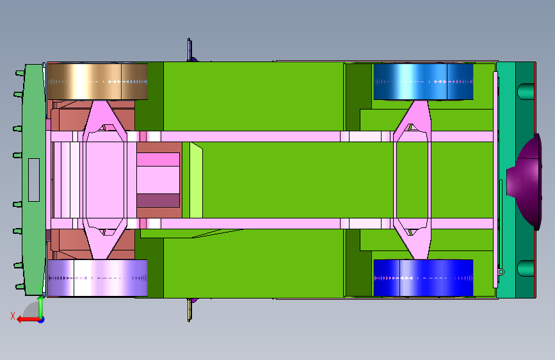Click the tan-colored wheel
97,81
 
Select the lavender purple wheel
97,278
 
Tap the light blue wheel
423,81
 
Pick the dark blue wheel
423,278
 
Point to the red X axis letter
13,316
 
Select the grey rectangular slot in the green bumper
34,180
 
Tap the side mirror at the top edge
189,50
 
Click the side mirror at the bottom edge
189,310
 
